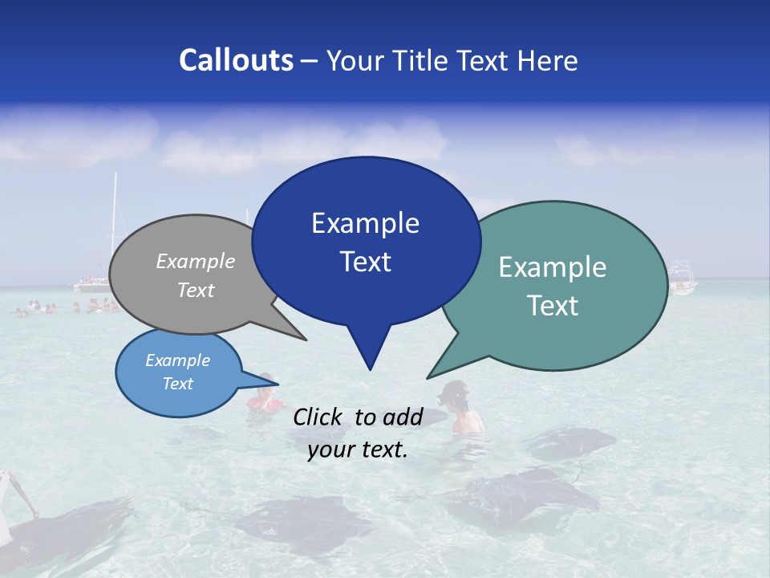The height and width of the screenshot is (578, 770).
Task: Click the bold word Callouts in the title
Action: pyautogui.click(x=236, y=60)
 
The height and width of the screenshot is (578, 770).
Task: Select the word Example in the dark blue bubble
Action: pyautogui.click(x=365, y=223)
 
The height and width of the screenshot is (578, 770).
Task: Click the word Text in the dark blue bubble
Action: pyautogui.click(x=365, y=262)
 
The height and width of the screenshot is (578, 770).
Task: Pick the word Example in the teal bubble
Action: pyautogui.click(x=552, y=267)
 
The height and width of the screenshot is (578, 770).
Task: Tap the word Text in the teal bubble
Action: pyautogui.click(x=552, y=306)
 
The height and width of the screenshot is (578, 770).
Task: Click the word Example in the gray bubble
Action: pyautogui.click(x=195, y=261)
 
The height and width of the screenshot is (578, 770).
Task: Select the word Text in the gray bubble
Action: pyautogui.click(x=195, y=290)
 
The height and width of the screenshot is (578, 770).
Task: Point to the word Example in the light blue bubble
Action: pyautogui.click(x=177, y=360)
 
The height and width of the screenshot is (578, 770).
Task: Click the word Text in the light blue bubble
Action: pyautogui.click(x=177, y=384)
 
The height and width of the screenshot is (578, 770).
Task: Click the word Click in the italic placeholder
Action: pyautogui.click(x=319, y=417)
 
